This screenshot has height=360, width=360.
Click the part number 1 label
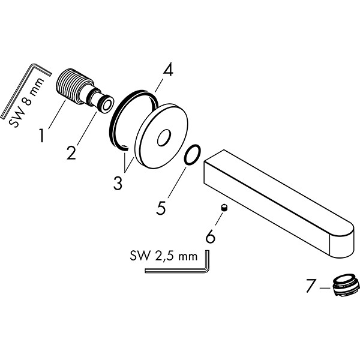[41, 136]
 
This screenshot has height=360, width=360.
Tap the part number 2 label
[72, 153]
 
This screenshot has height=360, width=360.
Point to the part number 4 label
[167, 70]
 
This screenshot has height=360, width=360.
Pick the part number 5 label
[161, 208]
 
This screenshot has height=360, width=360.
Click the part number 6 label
[210, 237]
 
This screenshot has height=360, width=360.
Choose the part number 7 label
[310, 287]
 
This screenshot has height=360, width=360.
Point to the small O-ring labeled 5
[191, 155]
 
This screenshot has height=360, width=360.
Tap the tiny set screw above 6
[223, 208]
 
